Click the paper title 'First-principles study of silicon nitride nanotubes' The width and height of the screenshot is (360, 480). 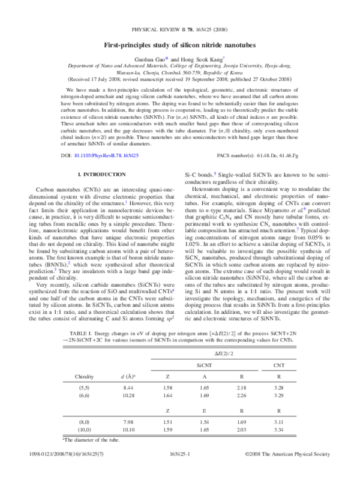click(180, 45)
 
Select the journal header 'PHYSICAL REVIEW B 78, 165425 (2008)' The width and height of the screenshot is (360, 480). click(180, 29)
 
